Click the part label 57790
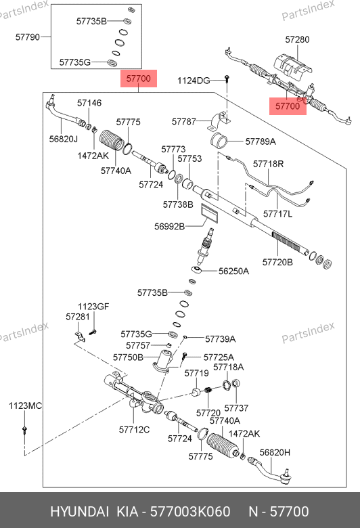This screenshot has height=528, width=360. tap(28, 37)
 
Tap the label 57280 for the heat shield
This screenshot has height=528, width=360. tap(297, 39)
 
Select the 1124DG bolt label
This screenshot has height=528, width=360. tap(194, 81)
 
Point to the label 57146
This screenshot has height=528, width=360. tap(89, 103)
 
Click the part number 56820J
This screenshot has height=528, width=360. tap(64, 139)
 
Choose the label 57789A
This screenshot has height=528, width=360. tap(261, 141)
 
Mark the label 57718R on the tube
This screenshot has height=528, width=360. tap(269, 164)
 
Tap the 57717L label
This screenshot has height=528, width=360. tap(278, 214)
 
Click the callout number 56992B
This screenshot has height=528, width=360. tap(169, 226)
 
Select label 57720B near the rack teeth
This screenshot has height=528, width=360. tap(277, 262)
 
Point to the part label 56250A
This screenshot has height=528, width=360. tap(233, 271)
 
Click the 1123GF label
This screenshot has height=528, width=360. tap(93, 307)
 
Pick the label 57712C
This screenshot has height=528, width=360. tap(134, 430)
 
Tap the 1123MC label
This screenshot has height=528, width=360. tap(25, 405)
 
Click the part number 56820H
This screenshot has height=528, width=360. tap(275, 453)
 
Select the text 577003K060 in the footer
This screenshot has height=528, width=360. tap(190, 512)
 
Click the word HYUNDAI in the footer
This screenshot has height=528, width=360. tap(79, 512)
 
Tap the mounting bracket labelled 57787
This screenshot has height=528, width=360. tap(218, 122)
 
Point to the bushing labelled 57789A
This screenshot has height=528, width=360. tap(219, 141)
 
